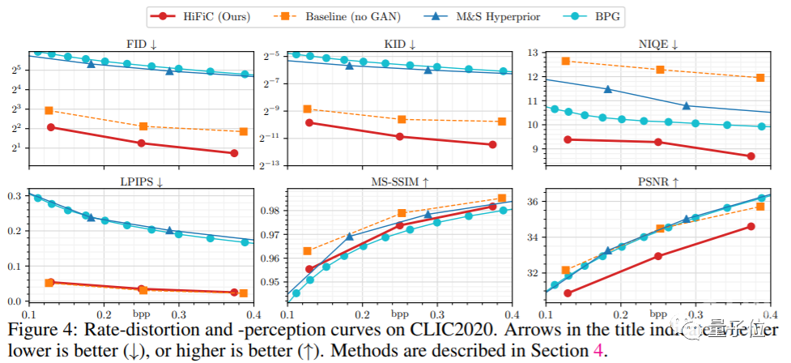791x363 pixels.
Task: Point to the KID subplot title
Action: tap(400, 44)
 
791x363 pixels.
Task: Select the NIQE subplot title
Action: tap(657, 44)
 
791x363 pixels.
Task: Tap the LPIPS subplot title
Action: tap(141, 182)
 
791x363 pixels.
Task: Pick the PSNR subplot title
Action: tap(657, 182)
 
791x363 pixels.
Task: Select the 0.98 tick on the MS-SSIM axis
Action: tap(271, 211)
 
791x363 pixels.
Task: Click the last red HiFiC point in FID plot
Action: tap(235, 153)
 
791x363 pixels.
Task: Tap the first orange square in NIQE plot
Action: tap(566, 61)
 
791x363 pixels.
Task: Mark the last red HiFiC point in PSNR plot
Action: tap(751, 226)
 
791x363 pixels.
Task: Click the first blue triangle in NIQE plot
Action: tap(608, 89)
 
